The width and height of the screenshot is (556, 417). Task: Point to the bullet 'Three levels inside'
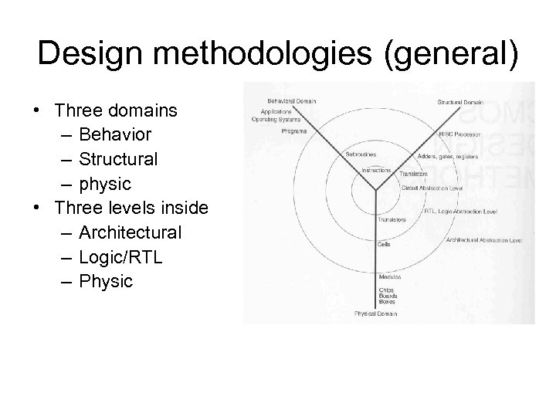click(137, 208)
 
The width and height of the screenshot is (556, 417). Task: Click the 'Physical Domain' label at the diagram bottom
click(376, 314)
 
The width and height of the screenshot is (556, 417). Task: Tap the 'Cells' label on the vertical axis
click(383, 243)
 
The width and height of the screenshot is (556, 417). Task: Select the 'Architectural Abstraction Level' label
click(484, 240)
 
